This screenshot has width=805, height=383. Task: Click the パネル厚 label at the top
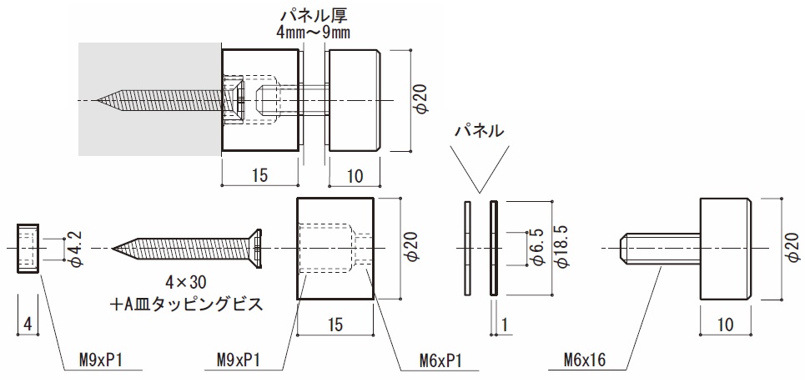314,15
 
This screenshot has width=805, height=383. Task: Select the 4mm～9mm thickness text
313,33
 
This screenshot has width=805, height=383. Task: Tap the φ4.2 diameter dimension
74,249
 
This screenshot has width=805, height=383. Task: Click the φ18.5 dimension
561,247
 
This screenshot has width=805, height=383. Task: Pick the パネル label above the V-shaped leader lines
479,130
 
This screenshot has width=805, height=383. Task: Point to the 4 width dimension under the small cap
28,321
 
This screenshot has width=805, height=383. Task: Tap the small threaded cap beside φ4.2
28,248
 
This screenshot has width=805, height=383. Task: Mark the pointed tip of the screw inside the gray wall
101,102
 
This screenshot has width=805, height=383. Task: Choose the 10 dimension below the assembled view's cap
355,176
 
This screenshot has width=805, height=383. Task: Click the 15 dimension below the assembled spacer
259,176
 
